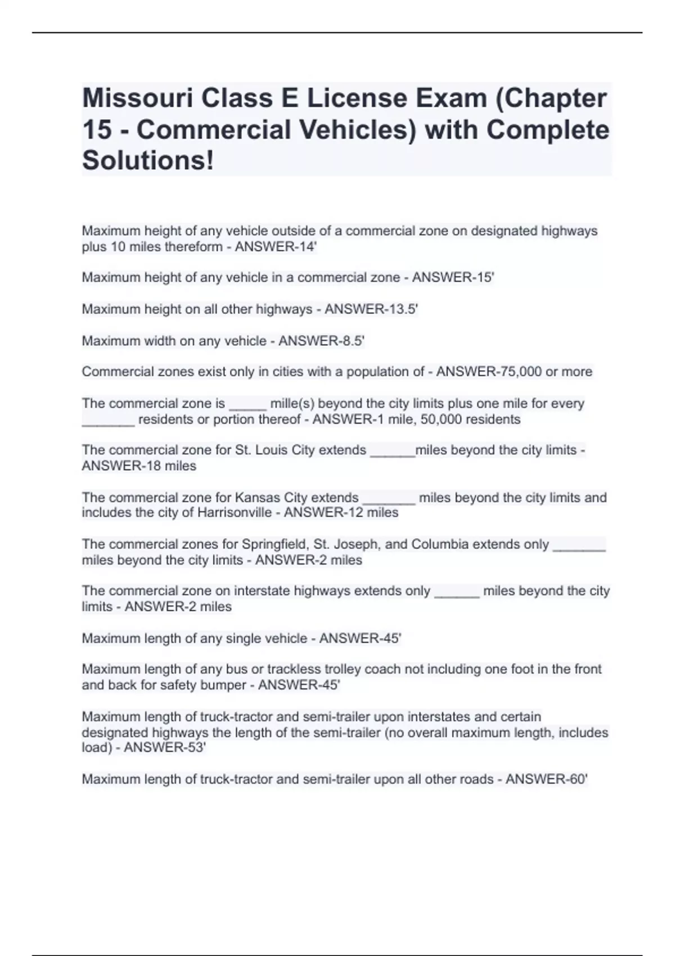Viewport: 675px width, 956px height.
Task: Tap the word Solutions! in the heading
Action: tap(148, 160)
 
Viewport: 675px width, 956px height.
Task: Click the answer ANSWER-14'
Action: tap(276, 247)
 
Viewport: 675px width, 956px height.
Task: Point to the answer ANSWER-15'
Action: tap(453, 277)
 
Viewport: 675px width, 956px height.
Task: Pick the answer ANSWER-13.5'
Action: tap(371, 309)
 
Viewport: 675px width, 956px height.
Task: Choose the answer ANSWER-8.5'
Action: tap(321, 341)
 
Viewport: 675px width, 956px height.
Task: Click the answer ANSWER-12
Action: tap(323, 513)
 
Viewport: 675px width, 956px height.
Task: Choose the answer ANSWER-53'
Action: tap(165, 747)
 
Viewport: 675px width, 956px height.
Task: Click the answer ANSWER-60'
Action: tap(546, 779)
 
